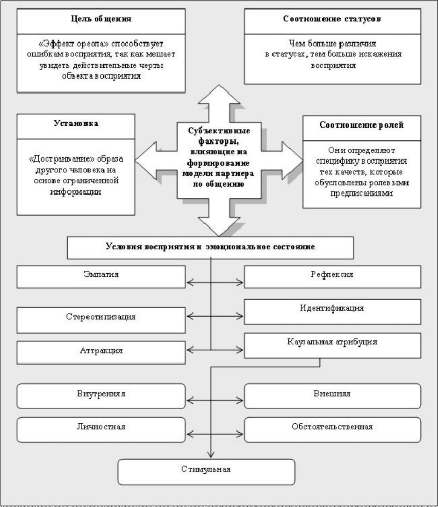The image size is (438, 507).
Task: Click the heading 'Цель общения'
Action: pos(101,19)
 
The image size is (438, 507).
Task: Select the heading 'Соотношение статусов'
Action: pos(332,19)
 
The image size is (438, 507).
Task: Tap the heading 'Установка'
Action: pos(76,123)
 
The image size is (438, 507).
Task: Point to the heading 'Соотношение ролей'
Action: pos(361,125)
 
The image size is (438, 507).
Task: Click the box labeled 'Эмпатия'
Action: pos(101,277)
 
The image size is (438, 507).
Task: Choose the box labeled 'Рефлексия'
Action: pos(332,277)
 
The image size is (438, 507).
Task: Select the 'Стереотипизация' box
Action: pos(101,320)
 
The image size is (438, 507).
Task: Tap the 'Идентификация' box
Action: pos(332,311)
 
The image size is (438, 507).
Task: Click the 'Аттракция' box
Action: pos(101,353)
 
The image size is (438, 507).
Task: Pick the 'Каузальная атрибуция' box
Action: pos(332,346)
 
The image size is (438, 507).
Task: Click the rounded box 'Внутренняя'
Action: pos(101,396)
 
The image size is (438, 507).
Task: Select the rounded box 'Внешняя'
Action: pos(332,396)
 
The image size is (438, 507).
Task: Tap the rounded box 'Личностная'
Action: pos(101,430)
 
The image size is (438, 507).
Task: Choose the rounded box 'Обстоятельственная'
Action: pos(332,430)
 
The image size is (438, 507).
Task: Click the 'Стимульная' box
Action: pos(206,472)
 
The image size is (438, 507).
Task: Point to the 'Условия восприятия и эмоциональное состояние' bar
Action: pos(210,248)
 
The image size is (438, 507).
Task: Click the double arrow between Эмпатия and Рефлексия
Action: pos(215,282)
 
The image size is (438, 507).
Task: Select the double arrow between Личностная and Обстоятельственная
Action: pos(215,434)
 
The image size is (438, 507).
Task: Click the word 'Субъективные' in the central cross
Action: pos(219,131)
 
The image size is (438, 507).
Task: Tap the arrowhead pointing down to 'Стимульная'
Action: pos(211,454)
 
